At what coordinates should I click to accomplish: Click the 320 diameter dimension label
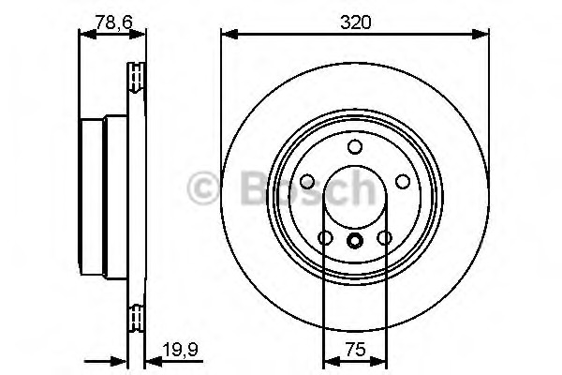[x=356, y=22]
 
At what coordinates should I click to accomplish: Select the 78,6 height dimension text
[x=114, y=22]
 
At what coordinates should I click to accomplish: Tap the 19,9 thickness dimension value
[x=180, y=349]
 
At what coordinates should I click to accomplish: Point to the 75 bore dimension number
[x=355, y=349]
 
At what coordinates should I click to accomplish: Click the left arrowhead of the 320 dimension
[x=229, y=35]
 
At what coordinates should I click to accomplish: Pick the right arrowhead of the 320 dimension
[x=481, y=35]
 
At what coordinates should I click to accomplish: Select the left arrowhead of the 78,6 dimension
[x=87, y=35]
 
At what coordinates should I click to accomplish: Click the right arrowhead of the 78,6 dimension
[x=138, y=35]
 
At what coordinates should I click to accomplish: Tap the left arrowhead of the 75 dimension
[x=332, y=361]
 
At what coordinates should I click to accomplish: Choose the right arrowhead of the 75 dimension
[x=378, y=361]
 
